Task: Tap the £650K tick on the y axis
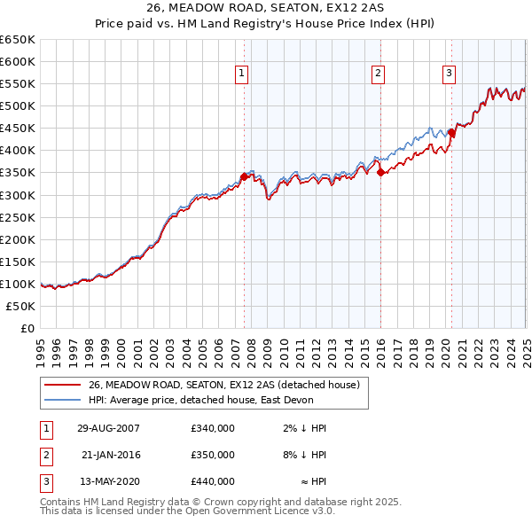[18, 40]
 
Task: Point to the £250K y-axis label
[18, 217]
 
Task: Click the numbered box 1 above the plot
[241, 74]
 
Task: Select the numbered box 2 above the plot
[378, 74]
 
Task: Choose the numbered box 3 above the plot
[449, 74]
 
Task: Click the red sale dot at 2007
[244, 176]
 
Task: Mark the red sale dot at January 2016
[380, 173]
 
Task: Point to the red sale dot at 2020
[450, 133]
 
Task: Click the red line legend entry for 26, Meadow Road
[223, 386]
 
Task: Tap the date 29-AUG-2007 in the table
[108, 427]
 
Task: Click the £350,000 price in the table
[213, 455]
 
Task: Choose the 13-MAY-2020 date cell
[108, 481]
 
